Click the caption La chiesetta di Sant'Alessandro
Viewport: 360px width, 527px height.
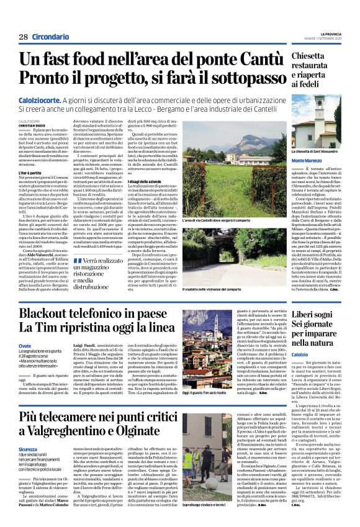click(315, 151)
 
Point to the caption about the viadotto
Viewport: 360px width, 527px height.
click(218, 289)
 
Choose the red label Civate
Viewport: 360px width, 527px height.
click(24, 345)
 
